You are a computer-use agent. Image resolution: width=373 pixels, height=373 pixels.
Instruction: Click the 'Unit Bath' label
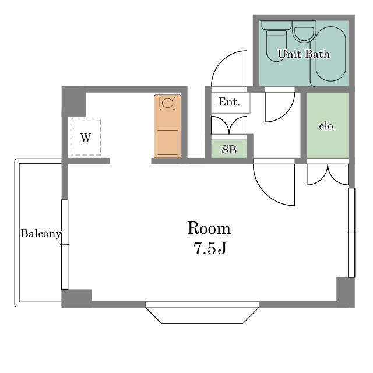[x=304, y=54]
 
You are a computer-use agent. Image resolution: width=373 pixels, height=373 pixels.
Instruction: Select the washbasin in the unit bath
[x=304, y=31]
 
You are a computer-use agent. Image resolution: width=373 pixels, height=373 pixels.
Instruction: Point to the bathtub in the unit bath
[x=330, y=54]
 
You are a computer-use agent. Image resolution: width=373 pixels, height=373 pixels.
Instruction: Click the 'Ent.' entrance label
[x=229, y=102]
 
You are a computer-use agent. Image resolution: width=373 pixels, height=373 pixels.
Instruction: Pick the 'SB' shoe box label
[x=229, y=149]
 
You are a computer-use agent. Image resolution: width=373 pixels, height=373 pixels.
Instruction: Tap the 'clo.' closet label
[x=328, y=126]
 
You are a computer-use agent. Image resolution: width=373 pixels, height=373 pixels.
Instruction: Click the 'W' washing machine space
[x=86, y=138]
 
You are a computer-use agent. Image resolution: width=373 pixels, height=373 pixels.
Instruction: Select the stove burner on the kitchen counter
[x=167, y=103]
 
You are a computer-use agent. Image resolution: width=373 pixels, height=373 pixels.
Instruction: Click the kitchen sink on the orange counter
[x=167, y=142]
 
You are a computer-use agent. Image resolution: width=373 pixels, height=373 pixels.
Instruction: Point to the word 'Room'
[x=209, y=228]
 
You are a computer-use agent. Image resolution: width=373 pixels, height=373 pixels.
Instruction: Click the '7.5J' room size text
[x=210, y=248]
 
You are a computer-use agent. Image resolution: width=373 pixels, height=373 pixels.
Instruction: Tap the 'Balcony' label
[x=41, y=233]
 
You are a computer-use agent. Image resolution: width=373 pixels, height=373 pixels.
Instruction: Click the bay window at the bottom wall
[x=202, y=312]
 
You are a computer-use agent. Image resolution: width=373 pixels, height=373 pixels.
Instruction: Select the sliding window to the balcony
[x=65, y=245]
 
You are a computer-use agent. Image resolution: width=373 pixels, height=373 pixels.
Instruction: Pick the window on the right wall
[x=351, y=233]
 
